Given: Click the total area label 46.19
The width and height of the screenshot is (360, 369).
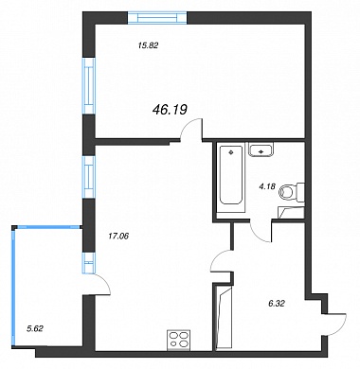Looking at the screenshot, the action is pos(170,110).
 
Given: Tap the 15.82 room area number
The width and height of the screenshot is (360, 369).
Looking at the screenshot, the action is pos(148,45).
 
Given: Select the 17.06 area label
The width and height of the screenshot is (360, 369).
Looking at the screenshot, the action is pos(118,236).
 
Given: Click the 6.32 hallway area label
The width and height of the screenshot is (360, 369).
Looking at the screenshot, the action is pos(277,304).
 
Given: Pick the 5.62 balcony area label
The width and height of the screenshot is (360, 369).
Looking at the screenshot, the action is pos(35,329).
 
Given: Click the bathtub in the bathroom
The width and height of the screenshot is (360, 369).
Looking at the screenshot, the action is pos(231,176).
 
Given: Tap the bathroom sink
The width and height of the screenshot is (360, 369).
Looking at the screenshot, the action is pos(261,149).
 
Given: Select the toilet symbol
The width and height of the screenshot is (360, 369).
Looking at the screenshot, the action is pos(292,192).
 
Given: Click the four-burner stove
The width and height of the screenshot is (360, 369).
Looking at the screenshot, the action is pos(178,340).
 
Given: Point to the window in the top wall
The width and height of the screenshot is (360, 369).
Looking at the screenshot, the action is pos(157,18).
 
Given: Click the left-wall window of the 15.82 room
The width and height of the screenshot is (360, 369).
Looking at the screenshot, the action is pos(89,86).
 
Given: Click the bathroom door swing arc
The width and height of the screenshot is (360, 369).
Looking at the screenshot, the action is pos(258,235).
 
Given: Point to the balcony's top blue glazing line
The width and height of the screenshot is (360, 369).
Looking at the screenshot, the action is pos(47,226).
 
